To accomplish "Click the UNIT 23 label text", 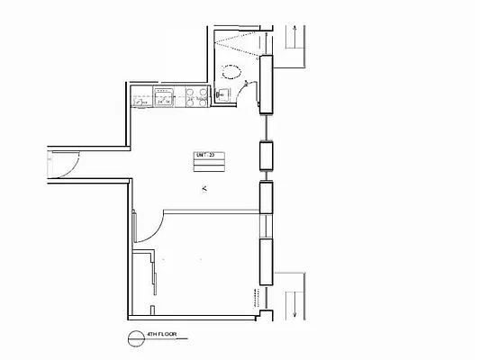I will [205, 156].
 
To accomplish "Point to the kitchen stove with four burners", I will [196, 96].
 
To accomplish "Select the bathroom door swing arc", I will [252, 87].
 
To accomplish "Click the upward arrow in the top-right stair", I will [294, 36].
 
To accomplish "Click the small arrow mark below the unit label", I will [205, 188].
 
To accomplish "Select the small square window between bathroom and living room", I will [267, 157].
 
